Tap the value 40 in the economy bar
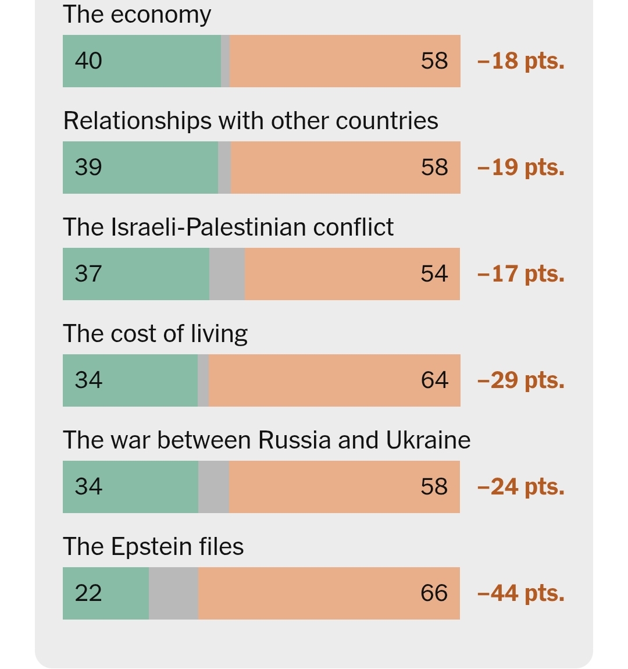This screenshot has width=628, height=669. coord(88,61)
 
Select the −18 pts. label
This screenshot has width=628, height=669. coord(520,61)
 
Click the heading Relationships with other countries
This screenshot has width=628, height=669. coord(251,121)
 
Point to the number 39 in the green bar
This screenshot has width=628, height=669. coord(88,168)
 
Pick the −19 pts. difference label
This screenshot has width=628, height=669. coord(520,168)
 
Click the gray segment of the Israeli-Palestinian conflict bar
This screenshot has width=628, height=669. coord(227,274)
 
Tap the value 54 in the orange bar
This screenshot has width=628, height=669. coord(434,274)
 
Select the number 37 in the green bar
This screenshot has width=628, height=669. coord(88,274)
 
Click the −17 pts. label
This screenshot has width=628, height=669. coord(520,274)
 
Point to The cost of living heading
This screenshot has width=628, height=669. coord(155,334)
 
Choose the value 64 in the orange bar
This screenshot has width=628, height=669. coord(434,380)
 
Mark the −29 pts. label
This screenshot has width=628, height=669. coord(520,380)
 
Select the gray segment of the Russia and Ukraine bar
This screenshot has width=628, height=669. coord(213,487)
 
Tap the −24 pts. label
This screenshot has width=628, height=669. coord(520,487)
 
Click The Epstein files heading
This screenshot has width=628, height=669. coord(154,547)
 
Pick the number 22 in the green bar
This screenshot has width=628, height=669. coord(88,593)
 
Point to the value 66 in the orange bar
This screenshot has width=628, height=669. coord(434,593)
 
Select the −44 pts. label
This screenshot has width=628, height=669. coord(520,593)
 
